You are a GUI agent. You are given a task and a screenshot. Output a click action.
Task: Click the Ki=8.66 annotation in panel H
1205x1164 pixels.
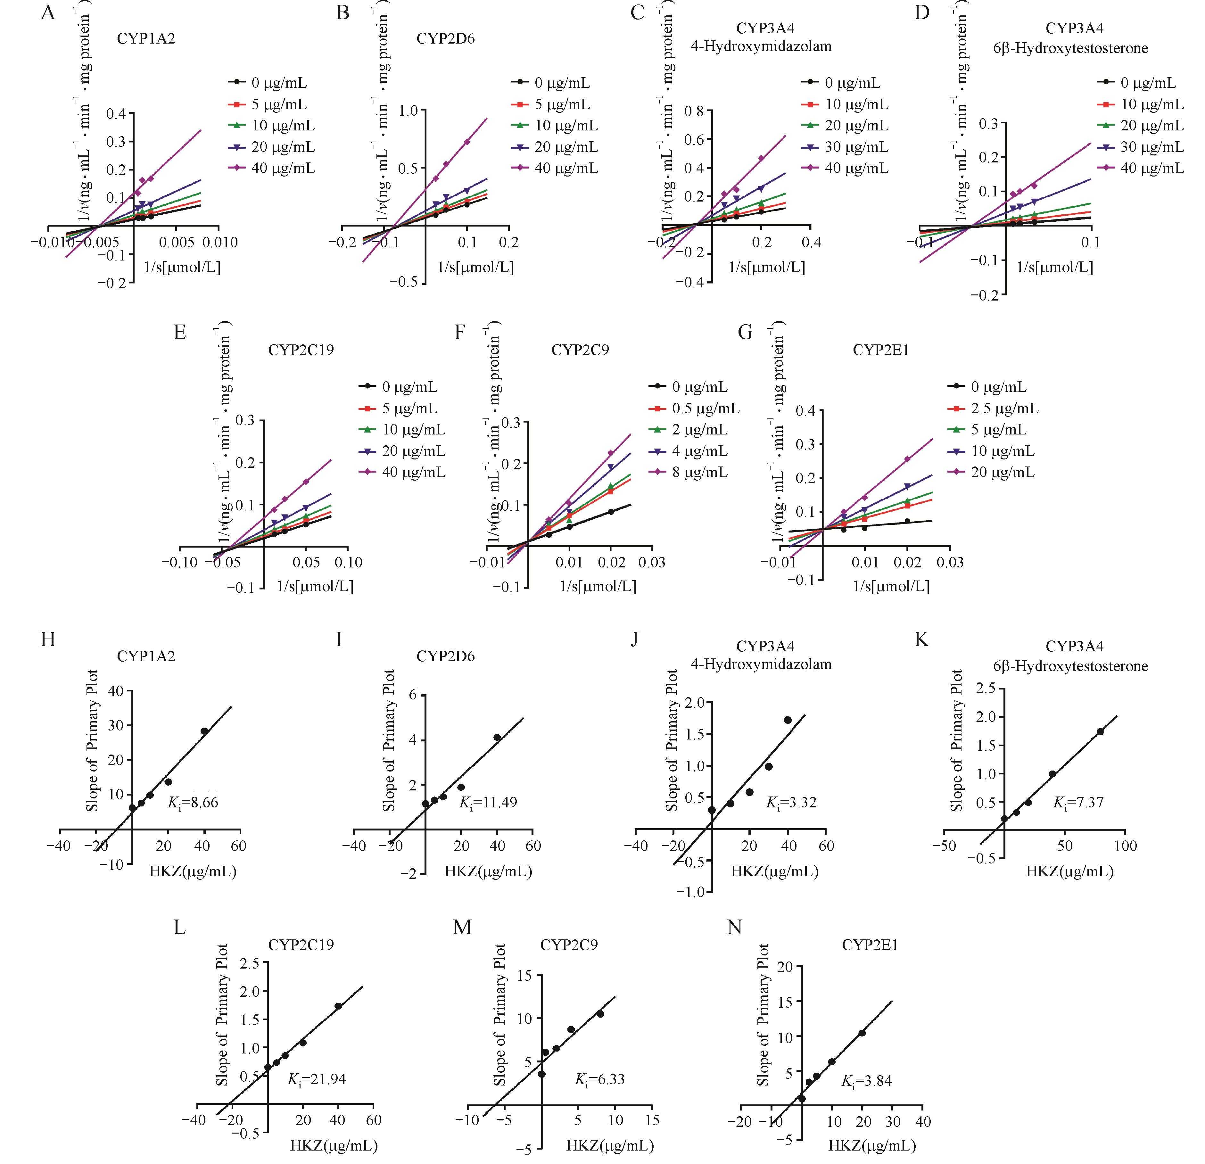(193, 803)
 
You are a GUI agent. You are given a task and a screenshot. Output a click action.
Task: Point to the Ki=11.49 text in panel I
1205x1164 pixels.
(488, 803)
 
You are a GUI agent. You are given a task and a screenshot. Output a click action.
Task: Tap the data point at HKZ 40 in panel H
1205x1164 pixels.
(204, 731)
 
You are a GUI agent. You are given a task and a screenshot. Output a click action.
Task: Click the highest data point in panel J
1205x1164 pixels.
(788, 720)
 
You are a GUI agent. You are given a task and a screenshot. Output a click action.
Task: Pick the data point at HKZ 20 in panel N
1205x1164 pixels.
(862, 1033)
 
